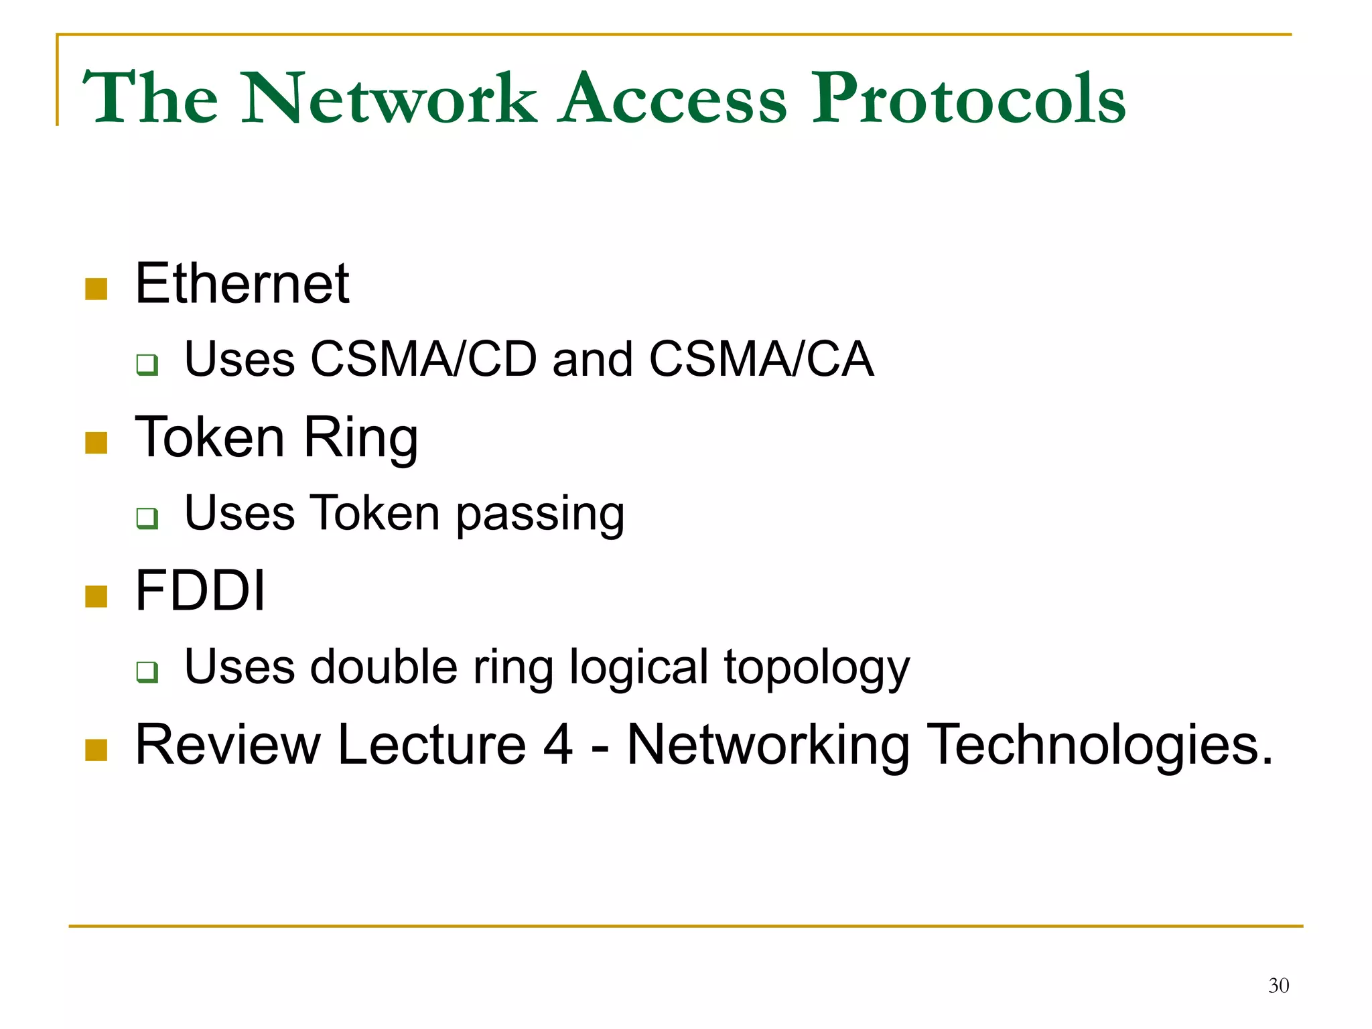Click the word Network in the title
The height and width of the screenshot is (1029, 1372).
click(x=389, y=99)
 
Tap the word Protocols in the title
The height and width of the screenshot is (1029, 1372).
click(x=968, y=99)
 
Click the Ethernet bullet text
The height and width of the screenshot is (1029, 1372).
click(x=242, y=284)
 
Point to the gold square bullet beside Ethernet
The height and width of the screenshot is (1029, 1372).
click(x=96, y=289)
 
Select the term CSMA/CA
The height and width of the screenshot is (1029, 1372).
click(x=761, y=360)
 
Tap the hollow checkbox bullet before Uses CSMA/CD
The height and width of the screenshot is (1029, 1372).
click(x=147, y=364)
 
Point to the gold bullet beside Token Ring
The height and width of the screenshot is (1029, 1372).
click(x=96, y=443)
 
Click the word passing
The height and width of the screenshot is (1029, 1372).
click(x=540, y=514)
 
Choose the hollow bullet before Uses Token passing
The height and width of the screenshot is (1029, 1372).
click(x=147, y=518)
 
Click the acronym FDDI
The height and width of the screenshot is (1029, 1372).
click(x=200, y=591)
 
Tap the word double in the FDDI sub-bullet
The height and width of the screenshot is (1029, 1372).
click(x=384, y=667)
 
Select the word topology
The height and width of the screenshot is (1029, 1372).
click(x=817, y=669)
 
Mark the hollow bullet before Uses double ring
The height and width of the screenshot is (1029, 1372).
click(x=147, y=671)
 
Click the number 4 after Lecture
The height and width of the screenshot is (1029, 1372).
click(x=557, y=745)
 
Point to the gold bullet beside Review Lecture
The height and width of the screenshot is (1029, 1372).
click(x=96, y=750)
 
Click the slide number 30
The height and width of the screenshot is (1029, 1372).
click(x=1278, y=985)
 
